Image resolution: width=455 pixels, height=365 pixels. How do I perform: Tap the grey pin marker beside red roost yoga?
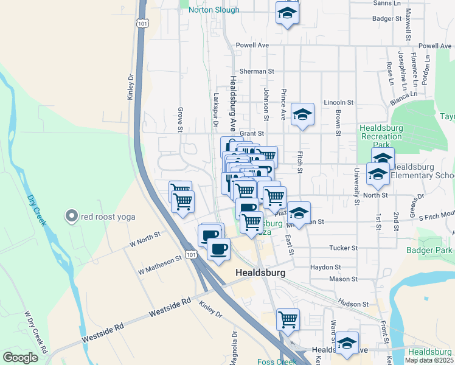(72, 216)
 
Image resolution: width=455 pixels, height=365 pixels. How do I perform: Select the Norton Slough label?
(214, 10)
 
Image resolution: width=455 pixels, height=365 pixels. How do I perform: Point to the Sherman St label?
(257, 71)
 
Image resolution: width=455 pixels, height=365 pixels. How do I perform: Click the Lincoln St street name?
(338, 102)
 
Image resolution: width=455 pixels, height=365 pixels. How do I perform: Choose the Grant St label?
(251, 133)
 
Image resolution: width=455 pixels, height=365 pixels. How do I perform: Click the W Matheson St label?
(160, 265)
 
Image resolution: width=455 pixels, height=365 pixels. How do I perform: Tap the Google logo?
(21, 358)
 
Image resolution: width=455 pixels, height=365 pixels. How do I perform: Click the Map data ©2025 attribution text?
(429, 360)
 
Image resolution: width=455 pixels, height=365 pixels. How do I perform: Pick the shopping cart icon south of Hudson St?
(288, 318)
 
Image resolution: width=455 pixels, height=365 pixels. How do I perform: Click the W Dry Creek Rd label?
(35, 334)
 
